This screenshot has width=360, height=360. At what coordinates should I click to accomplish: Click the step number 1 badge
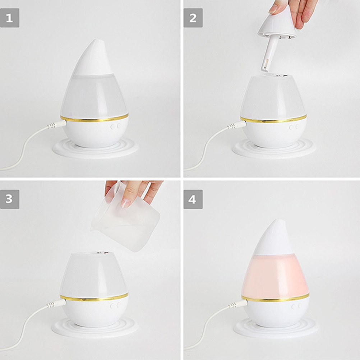(10, 18)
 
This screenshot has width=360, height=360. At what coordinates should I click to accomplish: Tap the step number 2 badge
(193, 18)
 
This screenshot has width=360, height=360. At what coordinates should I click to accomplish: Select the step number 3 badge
(10, 199)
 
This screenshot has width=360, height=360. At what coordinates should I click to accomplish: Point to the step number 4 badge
(193, 199)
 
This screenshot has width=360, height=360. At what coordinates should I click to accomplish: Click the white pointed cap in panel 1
(93, 59)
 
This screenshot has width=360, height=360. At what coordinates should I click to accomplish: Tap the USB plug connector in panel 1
(57, 124)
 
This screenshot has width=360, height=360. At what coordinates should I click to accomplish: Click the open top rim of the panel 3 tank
(93, 253)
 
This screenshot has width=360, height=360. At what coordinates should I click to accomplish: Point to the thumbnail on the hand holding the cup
(126, 203)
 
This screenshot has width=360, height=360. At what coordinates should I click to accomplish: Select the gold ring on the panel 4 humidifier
(275, 298)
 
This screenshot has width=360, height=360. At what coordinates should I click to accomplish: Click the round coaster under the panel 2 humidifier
(274, 149)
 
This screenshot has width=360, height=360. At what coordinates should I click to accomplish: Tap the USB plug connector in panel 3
(56, 303)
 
